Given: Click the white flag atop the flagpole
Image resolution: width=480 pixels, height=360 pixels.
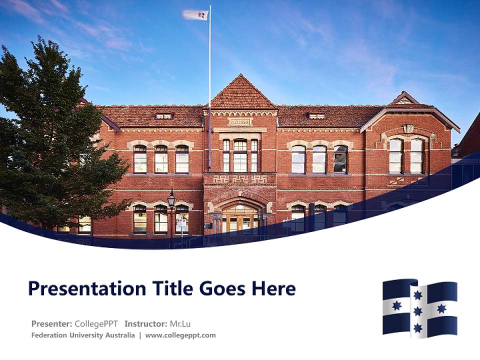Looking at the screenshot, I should point(195,15).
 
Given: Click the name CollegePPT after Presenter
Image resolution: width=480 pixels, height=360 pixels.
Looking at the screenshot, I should point(96,323).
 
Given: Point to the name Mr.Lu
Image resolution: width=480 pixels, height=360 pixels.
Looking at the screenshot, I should point(180,323).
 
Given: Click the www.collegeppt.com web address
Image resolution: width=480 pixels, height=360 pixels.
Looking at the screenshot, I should point(180,335).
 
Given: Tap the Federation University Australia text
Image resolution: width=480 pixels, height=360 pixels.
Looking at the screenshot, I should point(82,335).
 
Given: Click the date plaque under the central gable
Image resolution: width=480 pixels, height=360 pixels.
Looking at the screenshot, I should point(240,121).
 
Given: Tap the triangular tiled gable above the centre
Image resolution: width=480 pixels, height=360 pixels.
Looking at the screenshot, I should point(242,94).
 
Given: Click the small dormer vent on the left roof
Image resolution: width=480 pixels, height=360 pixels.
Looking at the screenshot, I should point(163,116).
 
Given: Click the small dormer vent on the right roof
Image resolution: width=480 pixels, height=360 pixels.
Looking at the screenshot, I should point(316,116).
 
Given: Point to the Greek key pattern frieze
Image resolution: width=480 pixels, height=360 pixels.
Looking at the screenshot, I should point(240,178).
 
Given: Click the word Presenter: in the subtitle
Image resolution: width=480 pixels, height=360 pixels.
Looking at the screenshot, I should point(51,323).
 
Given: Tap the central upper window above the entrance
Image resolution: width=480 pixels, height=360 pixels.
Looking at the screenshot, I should point(240,155).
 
